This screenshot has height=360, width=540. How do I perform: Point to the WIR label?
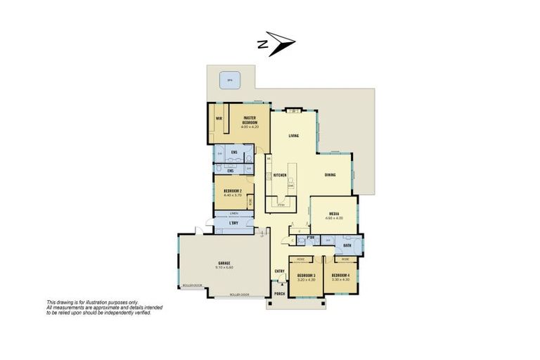219,118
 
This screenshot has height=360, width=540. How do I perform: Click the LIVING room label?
295,136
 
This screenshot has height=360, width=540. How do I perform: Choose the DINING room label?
330,174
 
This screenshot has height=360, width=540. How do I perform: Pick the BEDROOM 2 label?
233,191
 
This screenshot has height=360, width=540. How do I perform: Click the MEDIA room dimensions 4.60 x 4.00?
333,218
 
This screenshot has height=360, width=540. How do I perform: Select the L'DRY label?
233,223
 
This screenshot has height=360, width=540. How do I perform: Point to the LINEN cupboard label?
233,212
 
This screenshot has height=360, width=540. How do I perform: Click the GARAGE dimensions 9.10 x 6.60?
224,267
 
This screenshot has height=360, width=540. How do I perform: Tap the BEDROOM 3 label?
306,275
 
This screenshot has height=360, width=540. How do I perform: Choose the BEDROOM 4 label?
340,275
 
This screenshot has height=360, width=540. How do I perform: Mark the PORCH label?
279,292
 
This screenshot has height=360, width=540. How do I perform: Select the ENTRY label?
278,270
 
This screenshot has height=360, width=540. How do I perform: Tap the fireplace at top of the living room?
295,110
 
